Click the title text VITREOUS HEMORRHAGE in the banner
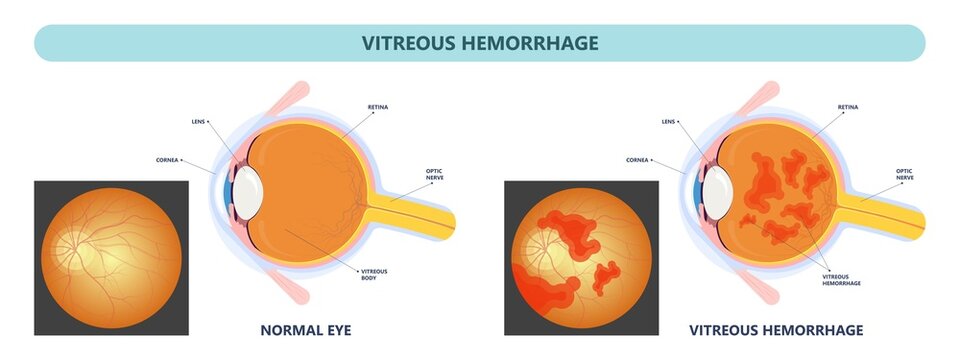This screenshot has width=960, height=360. tap(480, 43)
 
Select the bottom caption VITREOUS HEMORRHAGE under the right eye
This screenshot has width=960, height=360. tap(776, 329)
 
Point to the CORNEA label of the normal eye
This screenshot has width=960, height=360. tap(168, 159)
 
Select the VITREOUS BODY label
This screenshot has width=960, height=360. tap(373, 275)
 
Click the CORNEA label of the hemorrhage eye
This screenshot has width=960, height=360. tap(638, 159)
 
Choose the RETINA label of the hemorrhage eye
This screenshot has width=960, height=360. tap(847, 107)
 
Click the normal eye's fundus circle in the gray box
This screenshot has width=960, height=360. tap(112, 257)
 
